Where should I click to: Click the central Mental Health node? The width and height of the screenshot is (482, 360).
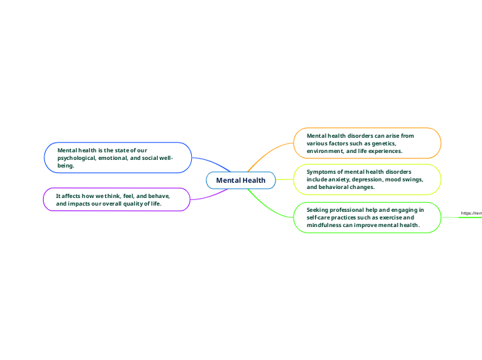[240, 181]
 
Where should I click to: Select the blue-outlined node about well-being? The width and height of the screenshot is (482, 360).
[118, 157]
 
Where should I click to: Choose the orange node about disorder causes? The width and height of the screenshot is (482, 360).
[368, 143]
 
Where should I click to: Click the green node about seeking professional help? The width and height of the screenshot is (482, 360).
[368, 217]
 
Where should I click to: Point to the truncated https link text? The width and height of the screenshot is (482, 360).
[472, 213]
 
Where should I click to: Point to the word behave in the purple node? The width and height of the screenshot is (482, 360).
[159, 196]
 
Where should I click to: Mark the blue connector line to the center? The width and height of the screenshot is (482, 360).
[208, 162]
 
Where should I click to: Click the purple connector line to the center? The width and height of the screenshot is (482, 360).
[208, 196]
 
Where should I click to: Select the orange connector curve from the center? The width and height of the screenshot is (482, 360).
[270, 152]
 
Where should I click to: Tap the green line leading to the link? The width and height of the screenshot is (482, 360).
[450, 217]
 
